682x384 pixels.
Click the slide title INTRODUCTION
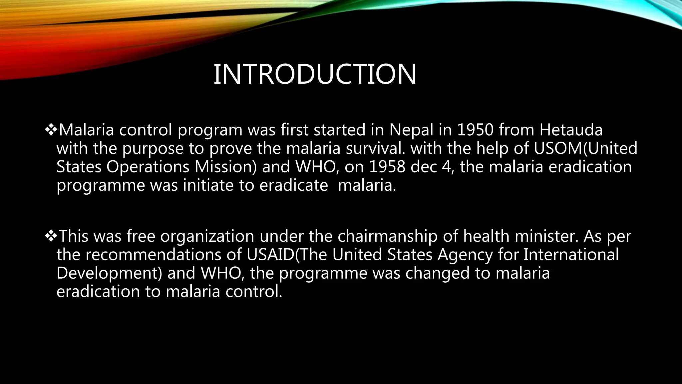tap(314, 74)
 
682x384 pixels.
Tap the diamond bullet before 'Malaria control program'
tap(51, 129)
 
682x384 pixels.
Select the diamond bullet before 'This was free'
tap(51, 236)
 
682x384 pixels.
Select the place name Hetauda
tap(571, 130)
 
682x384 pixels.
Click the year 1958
tap(387, 167)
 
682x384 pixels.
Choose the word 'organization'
tap(207, 236)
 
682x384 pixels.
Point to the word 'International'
tap(571, 255)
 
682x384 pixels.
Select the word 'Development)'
tap(109, 273)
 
